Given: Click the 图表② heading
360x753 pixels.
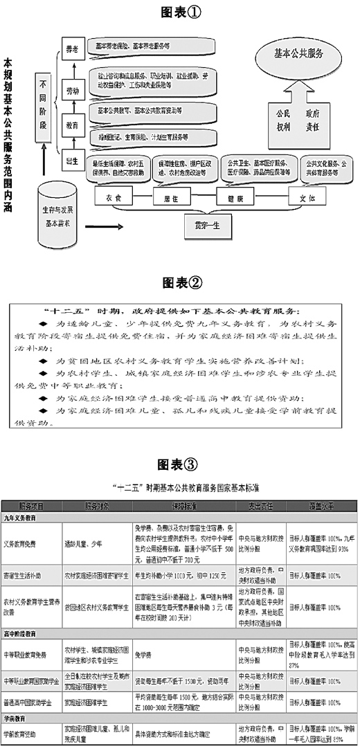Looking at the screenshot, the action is [x=180, y=282].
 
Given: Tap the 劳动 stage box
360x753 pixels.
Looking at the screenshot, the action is [x=71, y=90].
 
